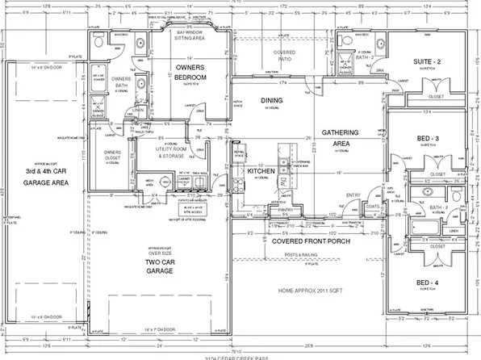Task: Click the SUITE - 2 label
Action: coord(429,61)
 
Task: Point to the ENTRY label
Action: coord(353,195)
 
